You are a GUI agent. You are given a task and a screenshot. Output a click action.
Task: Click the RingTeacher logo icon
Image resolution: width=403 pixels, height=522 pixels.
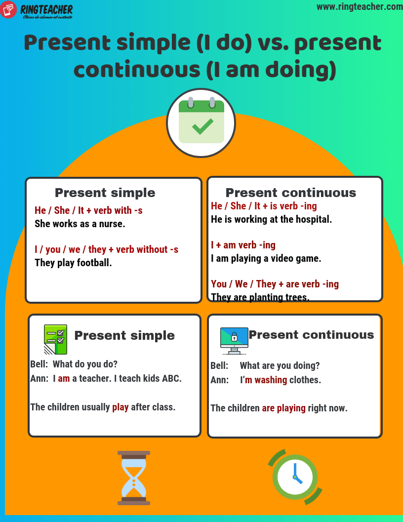(8, 9)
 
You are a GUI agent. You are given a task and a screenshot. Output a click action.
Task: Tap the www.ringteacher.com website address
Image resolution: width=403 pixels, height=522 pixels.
(359, 6)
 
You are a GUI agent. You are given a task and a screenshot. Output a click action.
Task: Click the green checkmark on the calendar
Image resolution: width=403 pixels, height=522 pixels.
(202, 126)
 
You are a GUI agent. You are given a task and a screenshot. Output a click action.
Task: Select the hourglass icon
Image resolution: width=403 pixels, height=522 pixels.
(134, 478)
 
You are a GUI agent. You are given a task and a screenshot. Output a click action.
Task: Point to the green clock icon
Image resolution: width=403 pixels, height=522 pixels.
(295, 477)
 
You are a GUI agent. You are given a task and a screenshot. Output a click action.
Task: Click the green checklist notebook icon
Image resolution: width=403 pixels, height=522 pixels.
(55, 339)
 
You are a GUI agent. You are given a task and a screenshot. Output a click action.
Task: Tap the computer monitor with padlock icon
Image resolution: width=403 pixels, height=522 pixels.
(234, 340)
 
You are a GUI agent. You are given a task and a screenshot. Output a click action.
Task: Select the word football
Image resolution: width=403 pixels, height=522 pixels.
(94, 263)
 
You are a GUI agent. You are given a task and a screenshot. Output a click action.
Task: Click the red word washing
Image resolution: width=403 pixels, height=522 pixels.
(271, 380)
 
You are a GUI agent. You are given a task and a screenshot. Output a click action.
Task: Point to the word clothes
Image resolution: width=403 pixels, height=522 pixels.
(305, 380)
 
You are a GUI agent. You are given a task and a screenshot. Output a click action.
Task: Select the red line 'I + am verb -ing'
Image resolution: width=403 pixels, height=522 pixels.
(243, 245)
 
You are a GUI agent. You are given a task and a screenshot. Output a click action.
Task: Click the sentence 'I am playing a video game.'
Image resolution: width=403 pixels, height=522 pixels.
(266, 258)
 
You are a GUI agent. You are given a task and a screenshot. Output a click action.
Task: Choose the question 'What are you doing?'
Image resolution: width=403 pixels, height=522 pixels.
(280, 365)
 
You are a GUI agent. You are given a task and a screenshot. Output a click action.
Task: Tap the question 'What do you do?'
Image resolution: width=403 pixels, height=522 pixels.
(85, 364)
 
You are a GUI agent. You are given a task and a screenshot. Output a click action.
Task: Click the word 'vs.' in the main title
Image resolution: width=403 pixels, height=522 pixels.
(273, 43)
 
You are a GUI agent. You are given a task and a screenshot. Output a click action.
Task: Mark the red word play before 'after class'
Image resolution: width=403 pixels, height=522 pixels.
(121, 407)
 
